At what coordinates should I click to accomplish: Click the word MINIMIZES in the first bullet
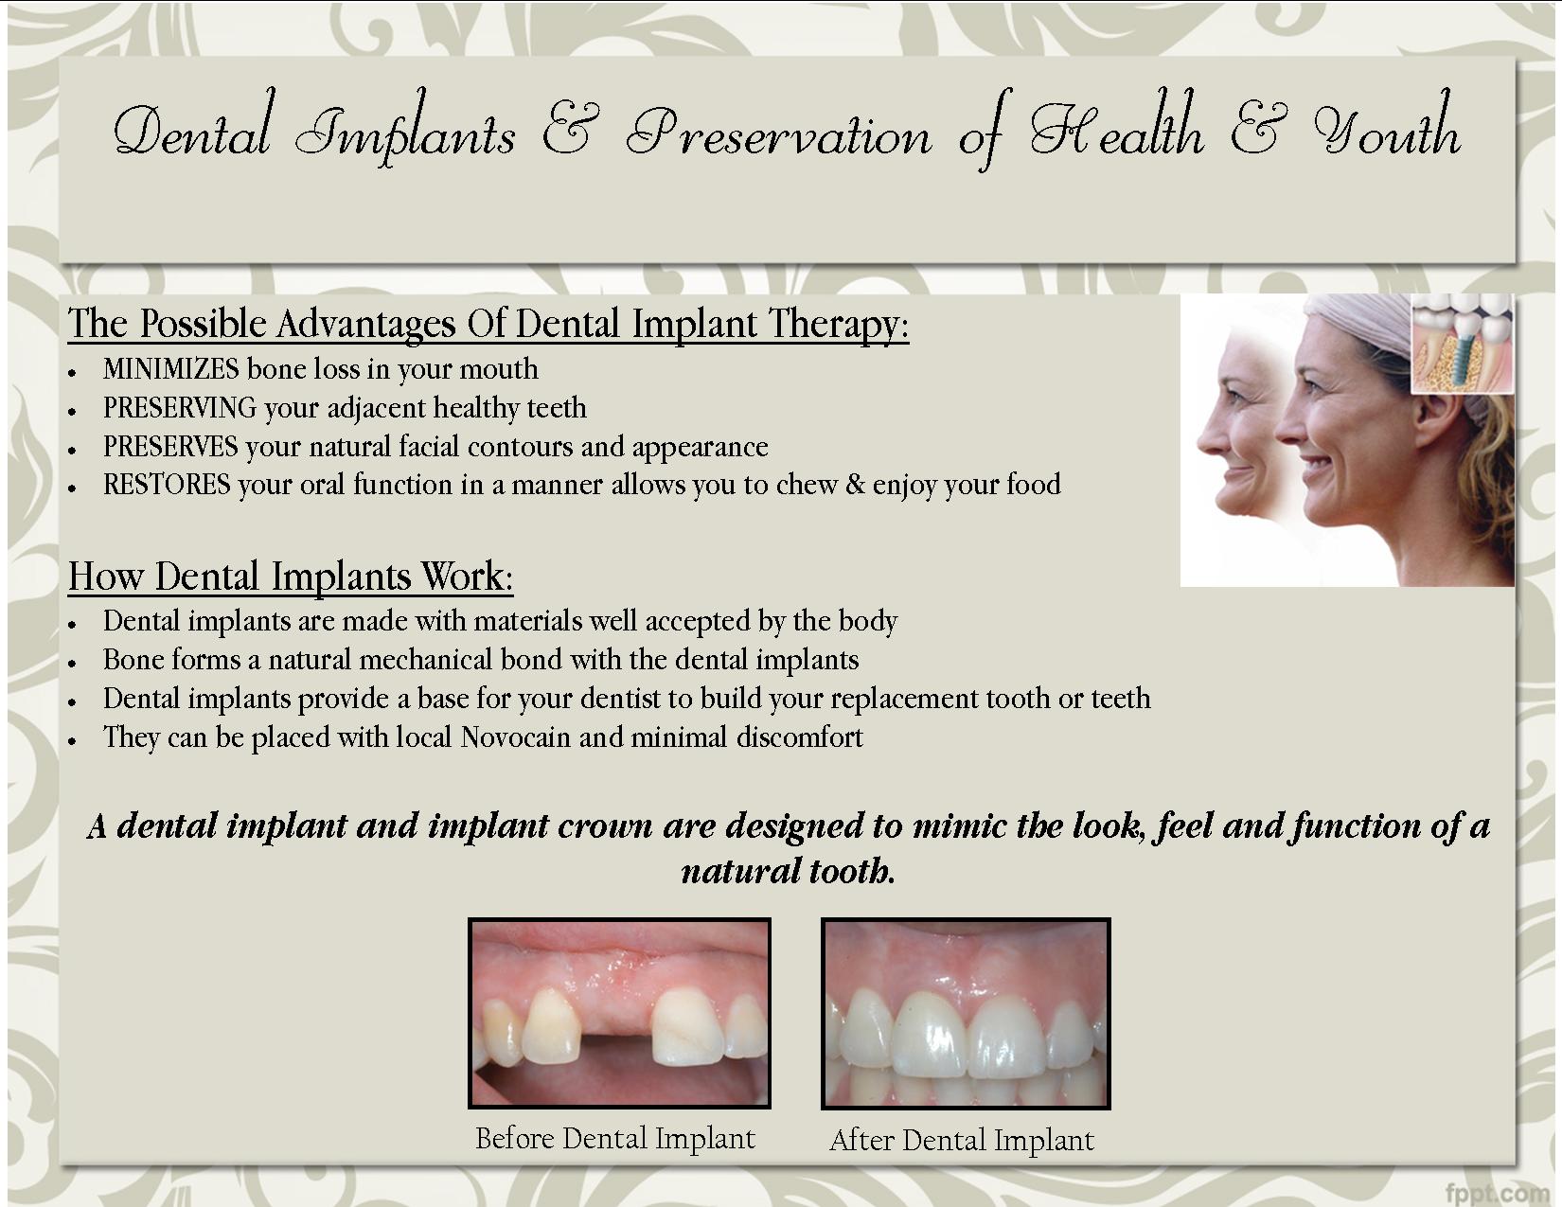[x=170, y=369]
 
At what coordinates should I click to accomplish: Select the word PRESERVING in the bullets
[x=180, y=408]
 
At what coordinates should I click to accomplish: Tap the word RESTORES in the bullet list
[x=167, y=485]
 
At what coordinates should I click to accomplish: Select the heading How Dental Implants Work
[x=291, y=577]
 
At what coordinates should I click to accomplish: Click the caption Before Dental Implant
[x=615, y=1139]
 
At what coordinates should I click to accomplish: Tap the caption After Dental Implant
[x=962, y=1140]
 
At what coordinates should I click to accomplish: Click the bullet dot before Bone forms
[x=72, y=664]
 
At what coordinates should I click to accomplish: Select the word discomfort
[x=799, y=737]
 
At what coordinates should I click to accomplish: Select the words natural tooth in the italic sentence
[x=789, y=871]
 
